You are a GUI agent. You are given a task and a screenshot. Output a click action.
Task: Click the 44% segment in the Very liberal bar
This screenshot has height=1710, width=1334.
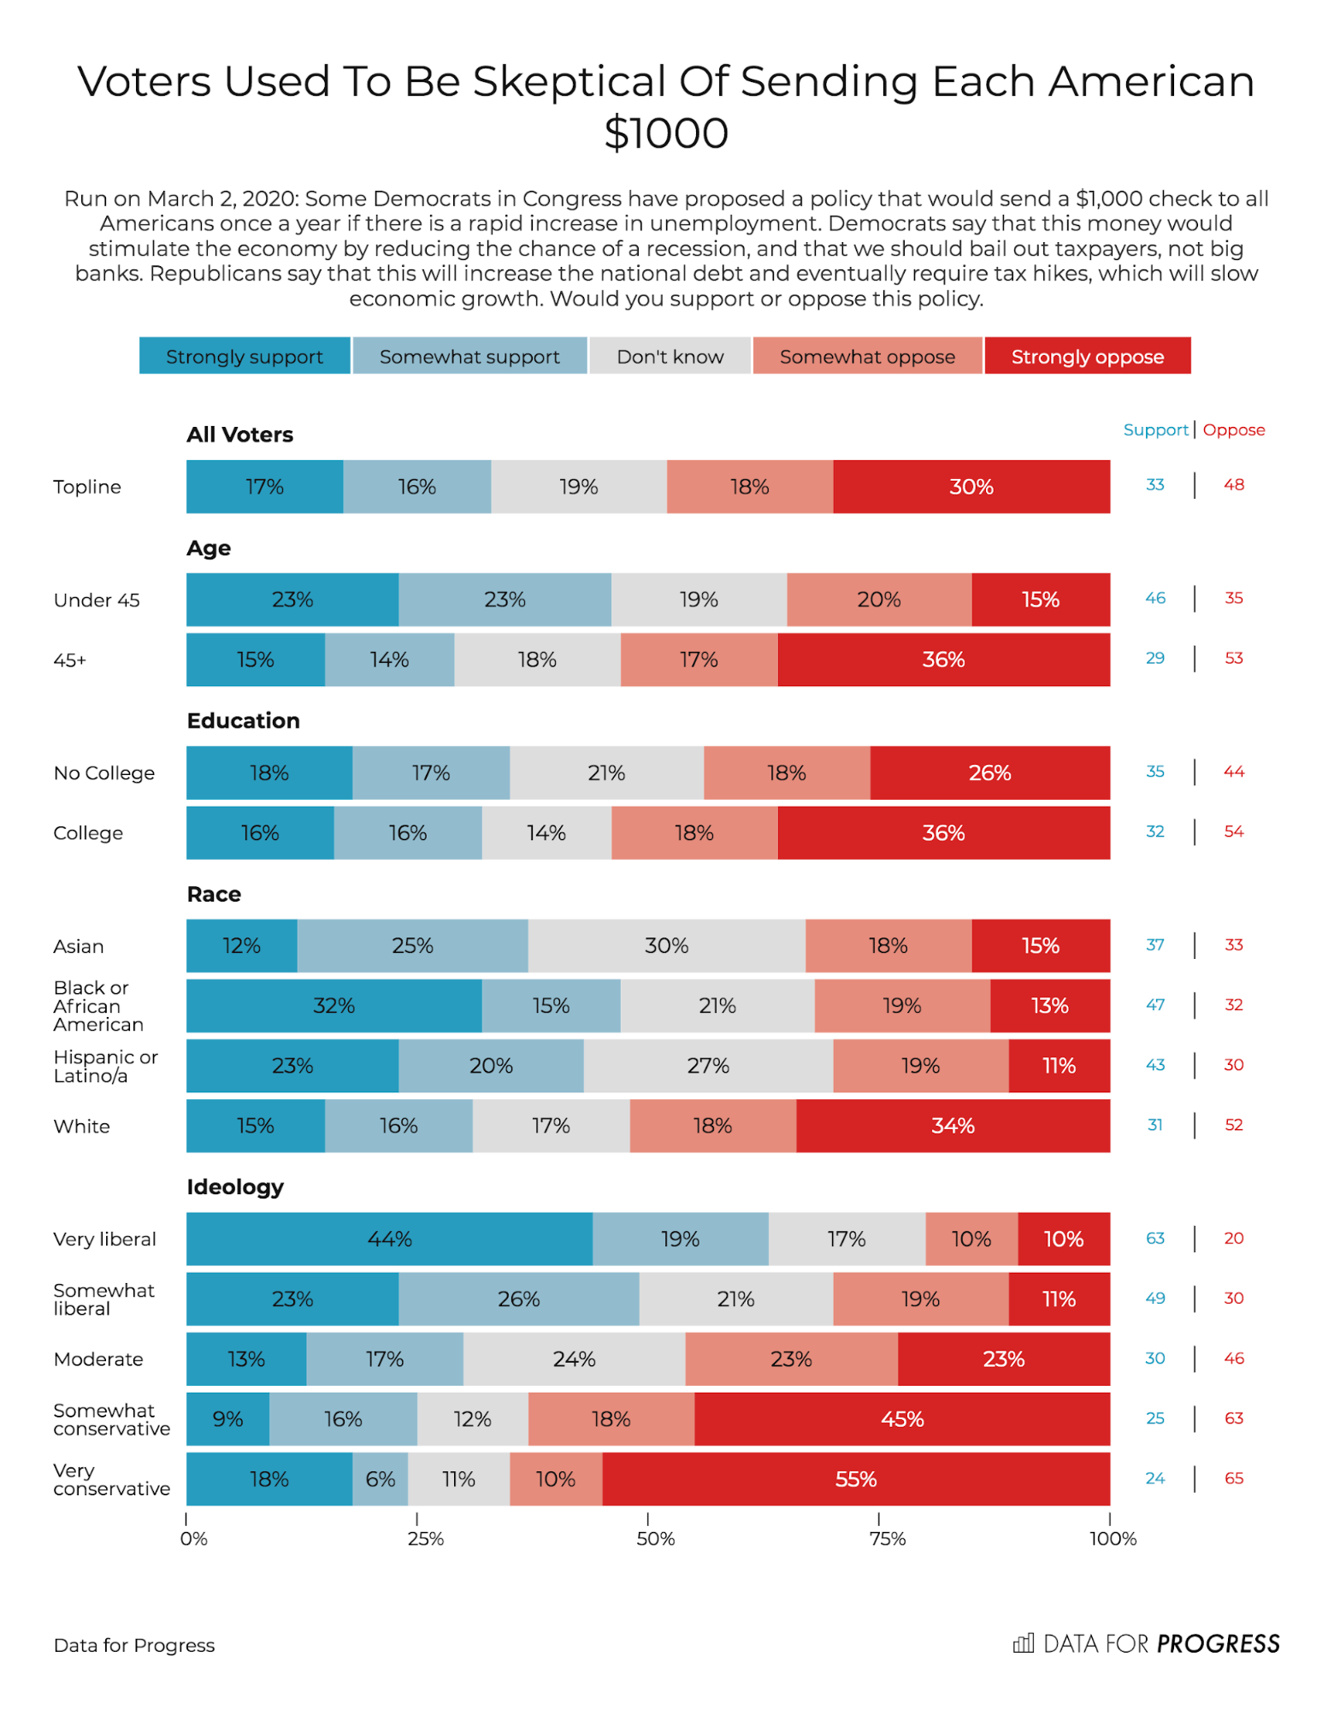389,1239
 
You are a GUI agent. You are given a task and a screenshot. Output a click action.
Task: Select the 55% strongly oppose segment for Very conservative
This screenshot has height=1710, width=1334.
855,1479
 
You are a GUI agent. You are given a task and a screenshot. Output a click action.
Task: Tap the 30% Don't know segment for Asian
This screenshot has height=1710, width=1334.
666,945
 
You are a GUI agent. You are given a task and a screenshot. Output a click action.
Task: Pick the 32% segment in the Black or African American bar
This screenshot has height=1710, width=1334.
333,1005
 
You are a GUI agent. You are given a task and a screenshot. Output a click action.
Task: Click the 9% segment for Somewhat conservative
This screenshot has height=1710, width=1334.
227,1419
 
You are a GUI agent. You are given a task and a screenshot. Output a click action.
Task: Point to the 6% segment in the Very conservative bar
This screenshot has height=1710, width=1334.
380,1479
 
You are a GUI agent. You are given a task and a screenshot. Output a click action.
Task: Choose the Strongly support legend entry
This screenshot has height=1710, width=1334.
245,356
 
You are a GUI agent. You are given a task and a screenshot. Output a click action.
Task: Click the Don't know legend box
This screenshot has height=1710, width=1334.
670,356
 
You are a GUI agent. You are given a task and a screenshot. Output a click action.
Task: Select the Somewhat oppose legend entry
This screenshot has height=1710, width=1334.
867,356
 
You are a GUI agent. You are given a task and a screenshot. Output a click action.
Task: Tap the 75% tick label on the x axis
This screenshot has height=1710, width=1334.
887,1539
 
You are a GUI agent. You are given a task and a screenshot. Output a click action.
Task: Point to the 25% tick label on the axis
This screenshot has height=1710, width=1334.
425,1539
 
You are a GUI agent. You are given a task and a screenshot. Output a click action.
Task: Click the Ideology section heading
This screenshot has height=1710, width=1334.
235,1186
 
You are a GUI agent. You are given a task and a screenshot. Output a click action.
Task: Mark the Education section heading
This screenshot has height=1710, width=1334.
244,720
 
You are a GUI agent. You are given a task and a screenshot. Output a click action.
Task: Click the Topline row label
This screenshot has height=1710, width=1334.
87,487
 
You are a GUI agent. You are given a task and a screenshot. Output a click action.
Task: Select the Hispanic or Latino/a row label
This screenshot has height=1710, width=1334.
105,1066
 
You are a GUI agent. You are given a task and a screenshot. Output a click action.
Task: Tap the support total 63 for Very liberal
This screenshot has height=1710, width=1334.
1155,1238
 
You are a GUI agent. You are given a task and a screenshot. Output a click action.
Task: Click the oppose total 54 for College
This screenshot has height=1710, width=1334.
1233,831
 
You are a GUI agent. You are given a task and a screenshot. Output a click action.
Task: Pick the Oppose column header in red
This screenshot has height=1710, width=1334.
1233,430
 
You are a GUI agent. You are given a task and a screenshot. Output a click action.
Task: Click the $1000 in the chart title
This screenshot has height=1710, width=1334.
666,133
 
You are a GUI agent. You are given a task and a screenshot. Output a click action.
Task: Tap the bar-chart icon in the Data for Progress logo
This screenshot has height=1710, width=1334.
1023,1643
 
